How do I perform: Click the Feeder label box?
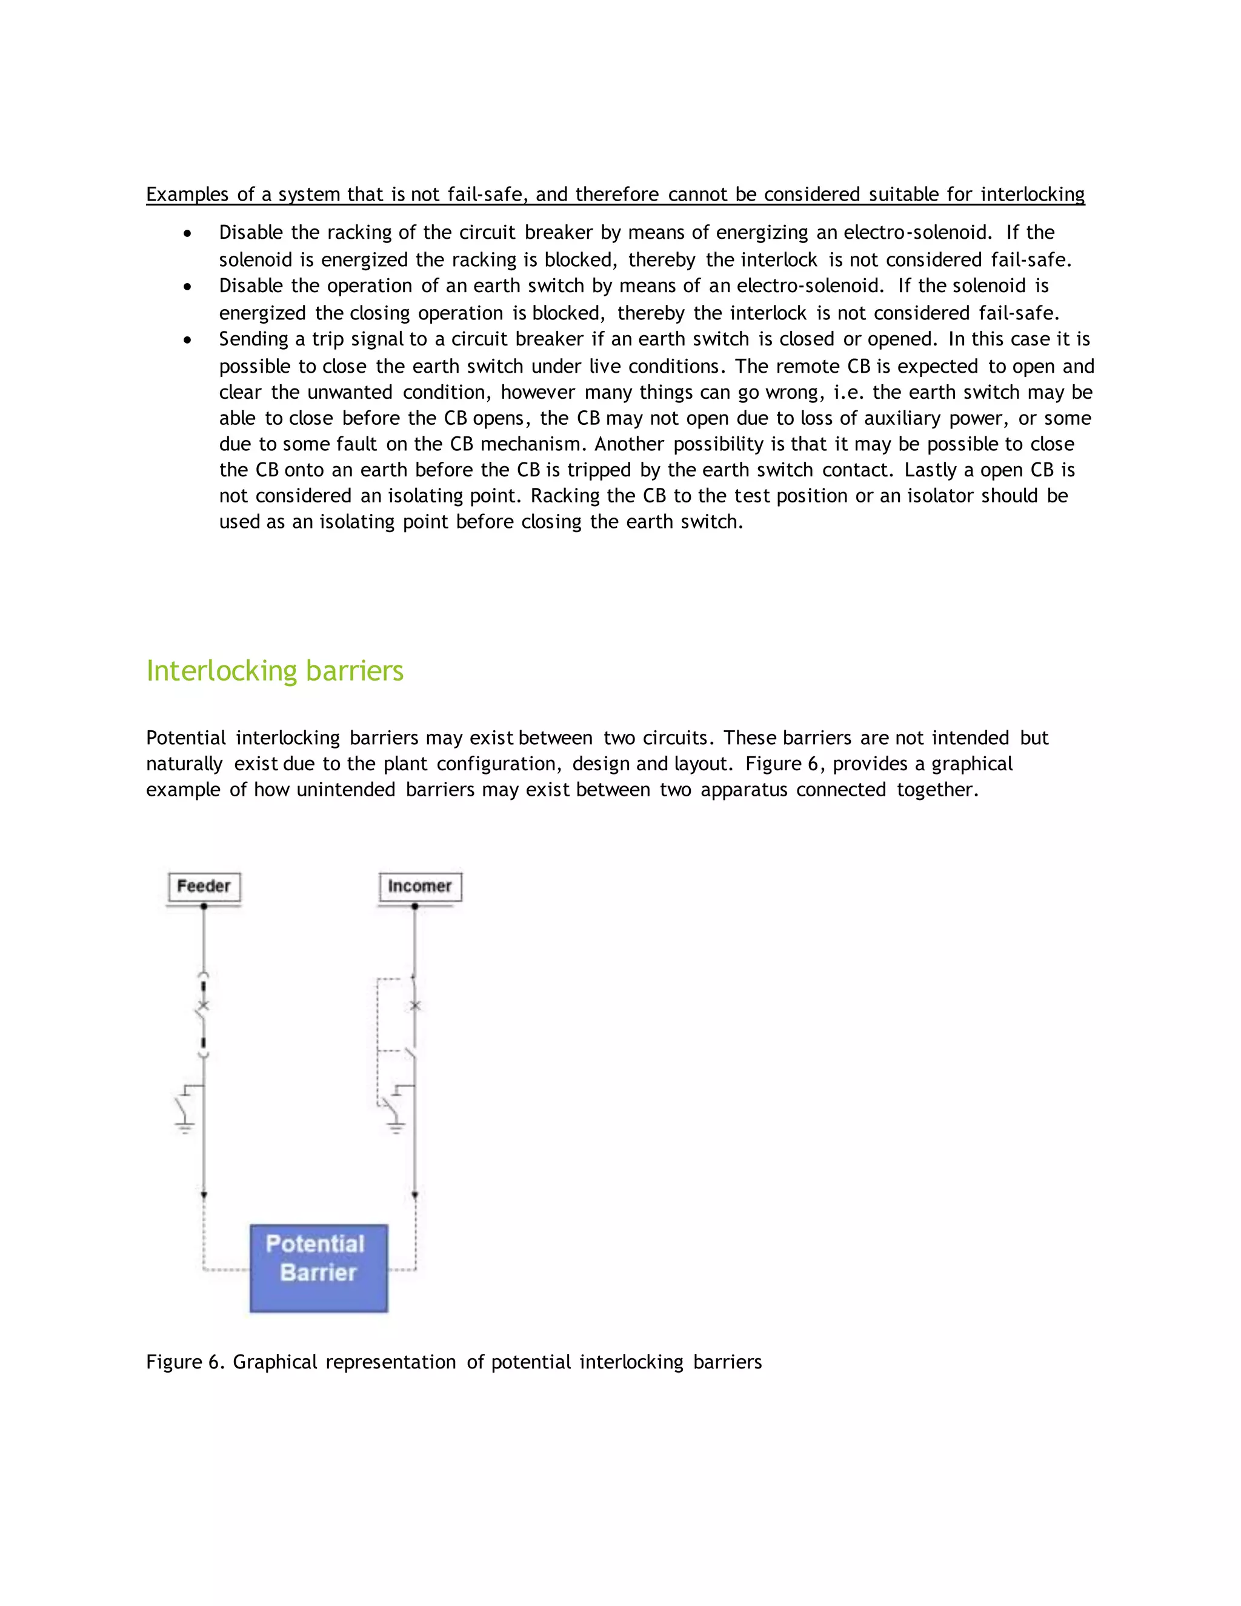tap(204, 886)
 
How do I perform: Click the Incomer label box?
tap(420, 886)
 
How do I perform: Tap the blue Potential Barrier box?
tap(318, 1268)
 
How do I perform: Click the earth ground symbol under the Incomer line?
tap(396, 1127)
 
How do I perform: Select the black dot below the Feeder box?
tap(204, 907)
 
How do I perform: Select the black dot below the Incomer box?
tap(414, 907)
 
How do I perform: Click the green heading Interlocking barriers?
tap(274, 671)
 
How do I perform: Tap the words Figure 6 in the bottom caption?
tap(184, 1362)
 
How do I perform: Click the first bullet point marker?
tap(188, 234)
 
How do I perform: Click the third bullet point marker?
tap(188, 341)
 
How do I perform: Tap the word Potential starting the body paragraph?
tap(186, 738)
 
